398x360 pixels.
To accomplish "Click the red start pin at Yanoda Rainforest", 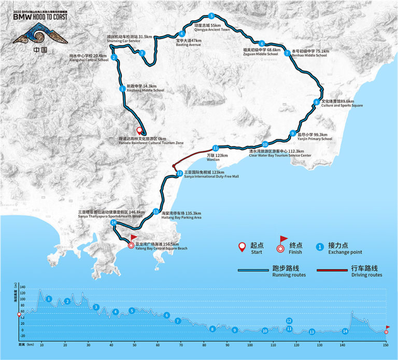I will click(138, 131).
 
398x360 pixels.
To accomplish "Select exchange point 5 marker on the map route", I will click(211, 16).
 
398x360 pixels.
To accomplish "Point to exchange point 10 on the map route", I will click(264, 145).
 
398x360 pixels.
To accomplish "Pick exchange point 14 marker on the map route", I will click(113, 223).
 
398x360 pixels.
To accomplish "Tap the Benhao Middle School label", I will click(310, 54).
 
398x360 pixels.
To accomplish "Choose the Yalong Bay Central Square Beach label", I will click(161, 247).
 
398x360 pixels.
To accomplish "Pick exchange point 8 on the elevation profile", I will click(212, 329).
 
